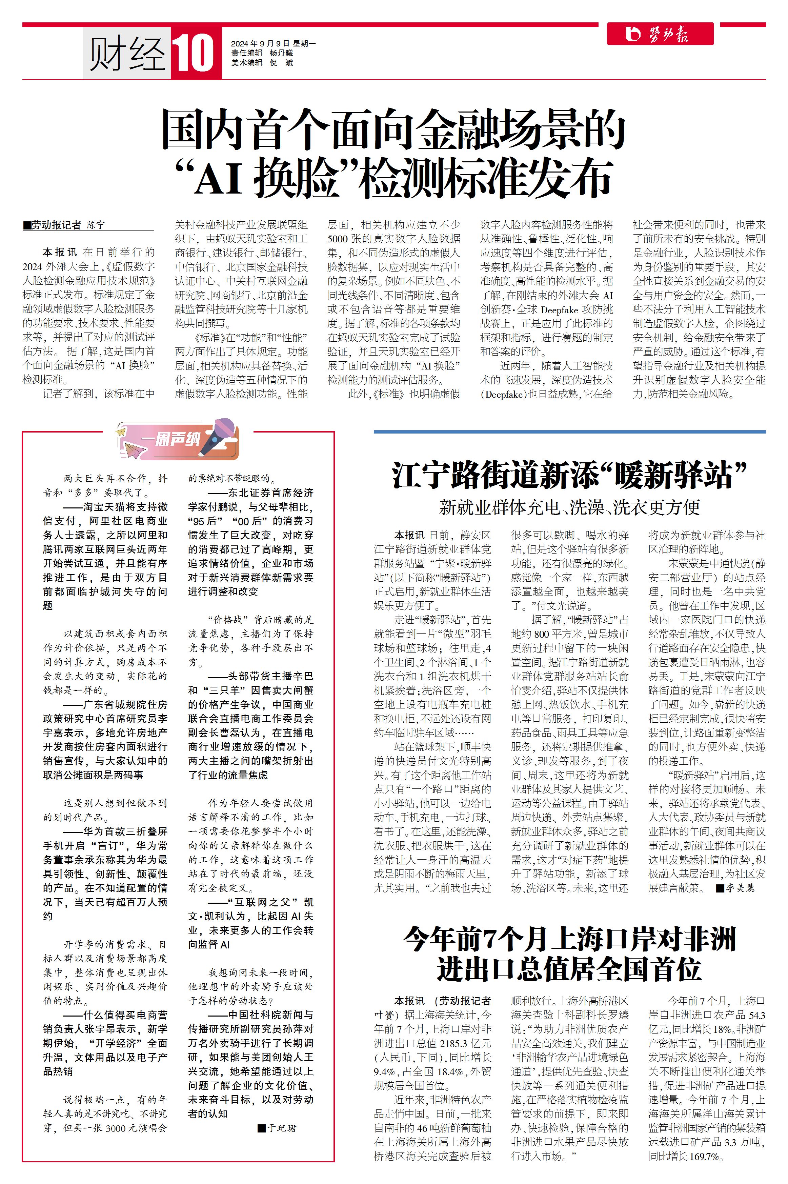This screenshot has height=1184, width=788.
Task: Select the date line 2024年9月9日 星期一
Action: click(273, 44)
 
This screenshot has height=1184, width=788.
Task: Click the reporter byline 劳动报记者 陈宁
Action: click(67, 225)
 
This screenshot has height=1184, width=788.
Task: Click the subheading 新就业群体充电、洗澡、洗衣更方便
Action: click(569, 507)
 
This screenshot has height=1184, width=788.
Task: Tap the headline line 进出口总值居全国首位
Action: click(569, 968)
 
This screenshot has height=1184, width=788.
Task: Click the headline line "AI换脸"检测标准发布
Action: click(393, 178)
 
